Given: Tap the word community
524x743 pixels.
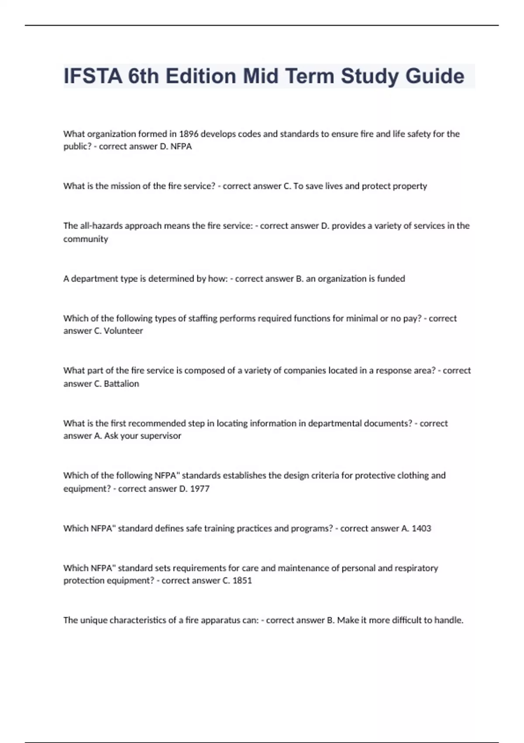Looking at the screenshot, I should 86,239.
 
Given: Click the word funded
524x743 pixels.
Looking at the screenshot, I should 391,279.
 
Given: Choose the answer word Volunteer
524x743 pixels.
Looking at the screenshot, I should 123,331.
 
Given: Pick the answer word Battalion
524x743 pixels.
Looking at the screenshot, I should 121,384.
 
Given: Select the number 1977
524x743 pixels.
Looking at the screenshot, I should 200,489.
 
